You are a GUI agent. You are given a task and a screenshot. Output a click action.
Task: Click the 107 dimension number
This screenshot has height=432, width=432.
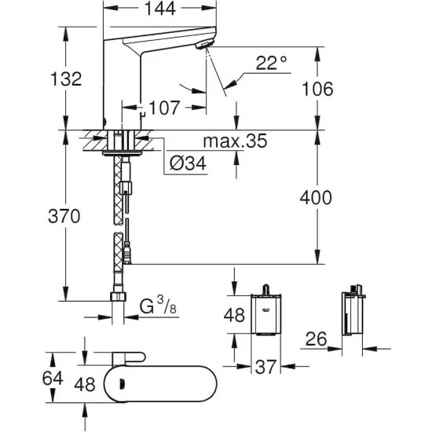click(x=164, y=107)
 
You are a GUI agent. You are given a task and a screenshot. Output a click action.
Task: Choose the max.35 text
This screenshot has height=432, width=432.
click(x=235, y=141)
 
